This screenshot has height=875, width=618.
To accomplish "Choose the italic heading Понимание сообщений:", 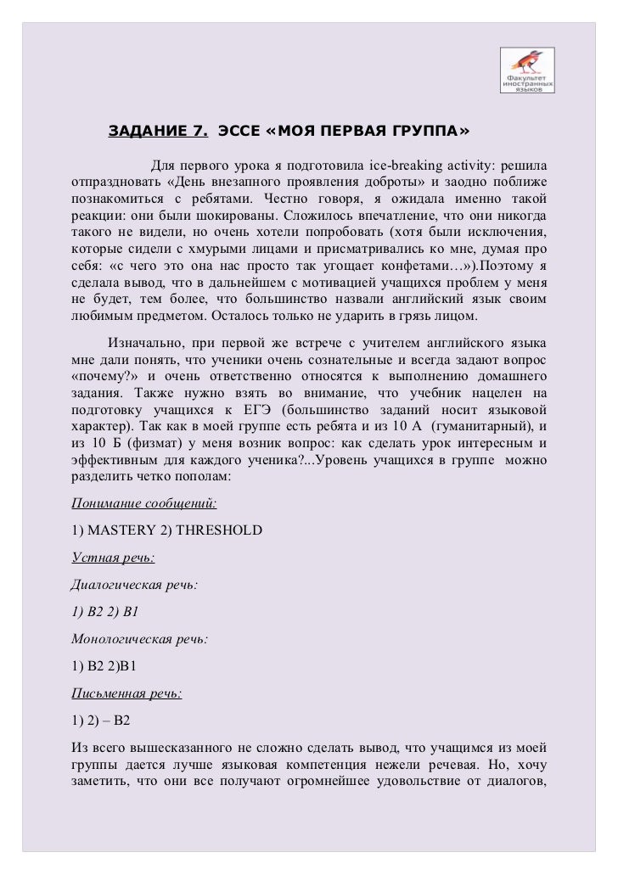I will pos(143,502).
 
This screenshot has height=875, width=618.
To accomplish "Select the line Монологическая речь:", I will pos(139,639).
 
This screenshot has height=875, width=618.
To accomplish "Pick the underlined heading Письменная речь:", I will pos(126,693).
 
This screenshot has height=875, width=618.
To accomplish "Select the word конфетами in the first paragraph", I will pos(385,266).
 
